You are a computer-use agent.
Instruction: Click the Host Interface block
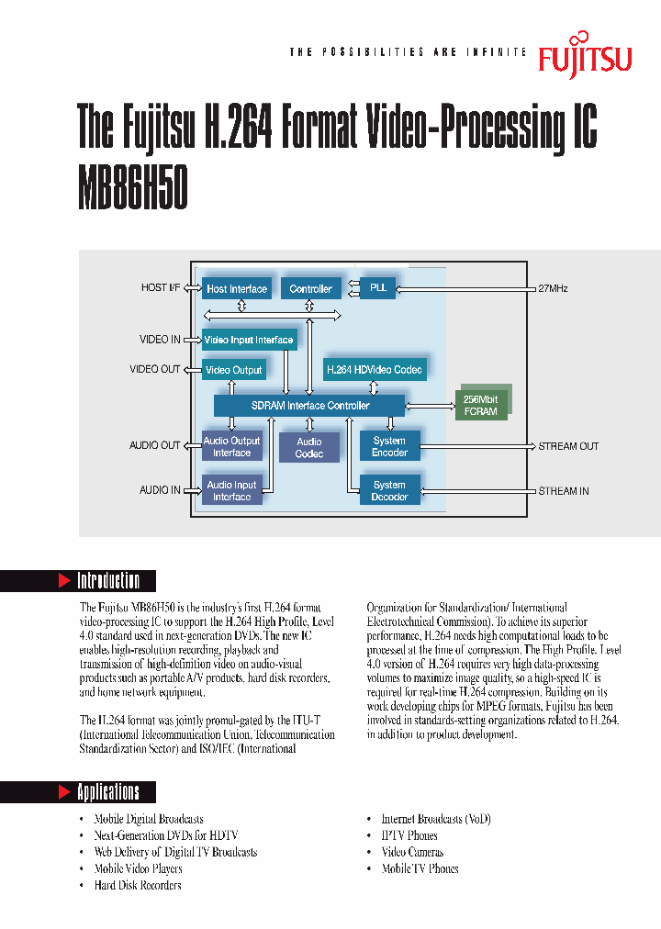(237, 288)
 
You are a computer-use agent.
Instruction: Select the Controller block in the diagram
(310, 288)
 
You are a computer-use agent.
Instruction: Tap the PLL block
(378, 287)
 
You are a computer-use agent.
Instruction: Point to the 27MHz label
(553, 288)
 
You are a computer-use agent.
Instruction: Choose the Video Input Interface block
(249, 340)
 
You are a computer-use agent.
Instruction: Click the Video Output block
(233, 370)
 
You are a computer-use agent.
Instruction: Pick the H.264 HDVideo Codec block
(374, 370)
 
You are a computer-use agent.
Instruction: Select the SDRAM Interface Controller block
(310, 405)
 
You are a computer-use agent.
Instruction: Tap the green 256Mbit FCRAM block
(481, 406)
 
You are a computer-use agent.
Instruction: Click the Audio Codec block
(309, 448)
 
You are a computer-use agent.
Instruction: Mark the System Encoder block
(389, 446)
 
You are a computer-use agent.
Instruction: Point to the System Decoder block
(389, 490)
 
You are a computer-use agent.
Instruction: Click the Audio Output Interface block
(231, 446)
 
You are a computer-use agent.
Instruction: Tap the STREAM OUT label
(568, 446)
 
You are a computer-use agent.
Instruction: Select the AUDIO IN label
(160, 490)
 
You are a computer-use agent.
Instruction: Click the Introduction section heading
(107, 580)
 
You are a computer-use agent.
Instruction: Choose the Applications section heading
(107, 791)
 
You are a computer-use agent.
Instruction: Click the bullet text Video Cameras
(412, 852)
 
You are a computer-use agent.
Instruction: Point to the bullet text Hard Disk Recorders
(138, 885)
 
